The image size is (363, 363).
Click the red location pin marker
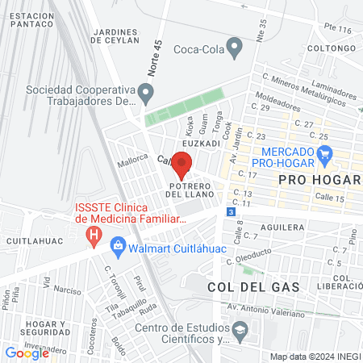click(x=182, y=164)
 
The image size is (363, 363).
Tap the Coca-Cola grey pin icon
click(x=235, y=48)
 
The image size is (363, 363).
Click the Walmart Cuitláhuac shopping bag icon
click(x=118, y=244)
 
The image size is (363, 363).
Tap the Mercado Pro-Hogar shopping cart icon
click(x=325, y=152)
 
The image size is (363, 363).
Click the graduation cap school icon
click(x=240, y=331)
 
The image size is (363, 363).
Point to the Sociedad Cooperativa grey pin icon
click(x=145, y=95)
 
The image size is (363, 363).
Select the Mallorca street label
click(x=132, y=159)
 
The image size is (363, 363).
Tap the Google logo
click(x=27, y=353)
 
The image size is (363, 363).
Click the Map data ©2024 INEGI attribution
click(x=314, y=357)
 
